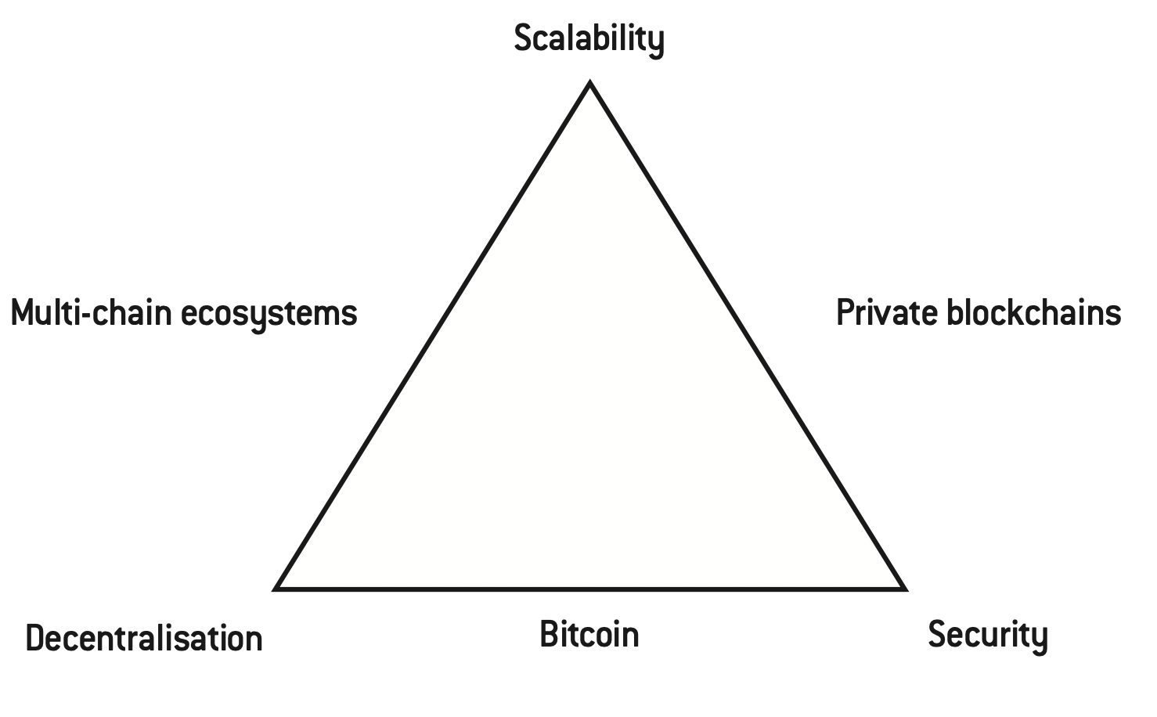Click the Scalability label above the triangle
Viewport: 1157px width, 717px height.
tap(589, 38)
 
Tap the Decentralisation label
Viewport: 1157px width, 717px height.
tap(144, 638)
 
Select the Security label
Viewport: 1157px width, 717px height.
tap(987, 634)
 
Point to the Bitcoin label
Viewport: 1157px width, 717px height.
tap(589, 634)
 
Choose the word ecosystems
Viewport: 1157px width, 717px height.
tap(269, 314)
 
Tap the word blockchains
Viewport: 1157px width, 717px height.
tap(1034, 312)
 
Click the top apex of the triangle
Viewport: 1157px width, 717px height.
tap(590, 83)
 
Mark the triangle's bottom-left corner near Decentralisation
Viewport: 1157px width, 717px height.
tap(277, 588)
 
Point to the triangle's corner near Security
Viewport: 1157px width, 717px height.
tap(903, 588)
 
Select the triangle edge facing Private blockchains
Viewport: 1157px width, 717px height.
tap(747, 335)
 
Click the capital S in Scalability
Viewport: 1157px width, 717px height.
tap(523, 38)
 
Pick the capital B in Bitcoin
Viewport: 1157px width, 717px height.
tap(549, 634)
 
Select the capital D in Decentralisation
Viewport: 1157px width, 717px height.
tap(35, 638)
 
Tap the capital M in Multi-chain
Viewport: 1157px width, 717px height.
tap(24, 312)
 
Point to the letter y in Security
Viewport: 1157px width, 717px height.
tap(1040, 637)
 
